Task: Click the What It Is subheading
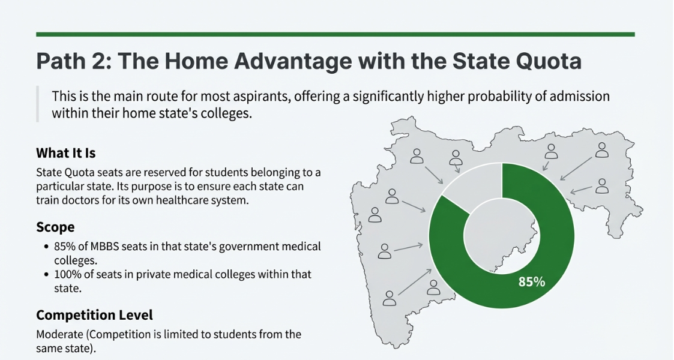65,153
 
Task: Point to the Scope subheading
55,227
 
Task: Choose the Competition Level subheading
94,315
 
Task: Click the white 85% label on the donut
532,281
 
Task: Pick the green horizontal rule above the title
335,34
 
